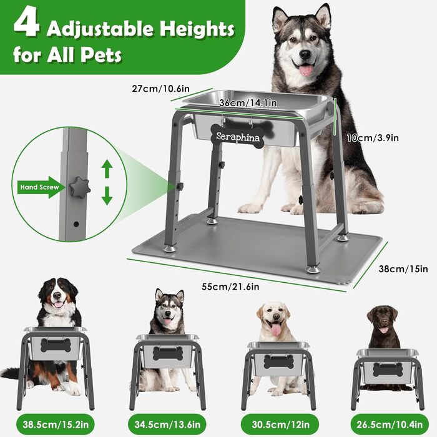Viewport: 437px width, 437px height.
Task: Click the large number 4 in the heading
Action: coord(26,25)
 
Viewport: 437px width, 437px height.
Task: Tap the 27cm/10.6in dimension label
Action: coord(161,89)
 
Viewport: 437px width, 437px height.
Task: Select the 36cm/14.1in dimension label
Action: coord(248,103)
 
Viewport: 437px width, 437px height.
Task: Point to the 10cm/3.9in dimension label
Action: coord(373,138)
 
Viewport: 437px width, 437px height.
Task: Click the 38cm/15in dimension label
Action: coord(403,269)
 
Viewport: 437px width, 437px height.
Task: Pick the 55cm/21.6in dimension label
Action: coord(230,287)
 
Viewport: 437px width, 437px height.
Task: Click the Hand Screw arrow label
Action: coord(39,187)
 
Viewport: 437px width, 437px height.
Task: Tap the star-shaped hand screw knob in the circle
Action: coord(80,187)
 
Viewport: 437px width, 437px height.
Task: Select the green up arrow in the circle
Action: coord(107,169)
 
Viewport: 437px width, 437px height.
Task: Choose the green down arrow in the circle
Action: coord(107,196)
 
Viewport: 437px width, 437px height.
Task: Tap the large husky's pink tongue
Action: coord(306,70)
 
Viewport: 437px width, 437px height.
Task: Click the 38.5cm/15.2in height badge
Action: coord(56,425)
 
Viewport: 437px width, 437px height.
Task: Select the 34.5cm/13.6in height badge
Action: coord(167,425)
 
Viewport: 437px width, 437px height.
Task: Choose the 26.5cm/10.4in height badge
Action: coord(390,425)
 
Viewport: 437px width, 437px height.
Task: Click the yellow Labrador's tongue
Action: coord(275,330)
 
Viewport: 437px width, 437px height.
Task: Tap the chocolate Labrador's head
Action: coord(382,319)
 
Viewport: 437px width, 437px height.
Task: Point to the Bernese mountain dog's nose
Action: coord(57,295)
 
